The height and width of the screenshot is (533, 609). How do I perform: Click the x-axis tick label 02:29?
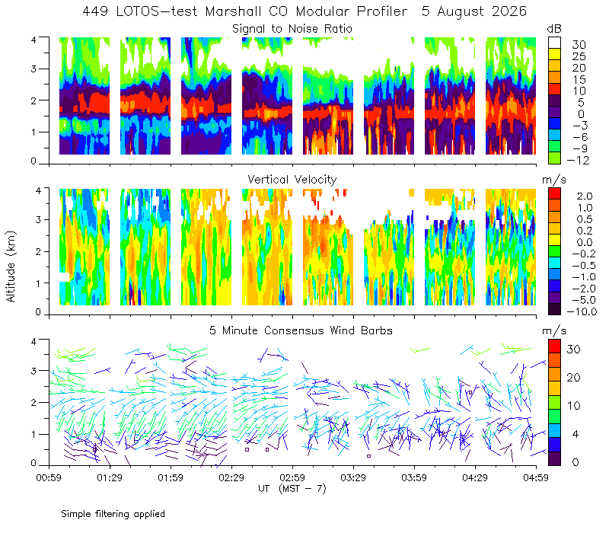click(x=231, y=477)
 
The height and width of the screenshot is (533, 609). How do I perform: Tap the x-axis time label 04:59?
click(x=536, y=477)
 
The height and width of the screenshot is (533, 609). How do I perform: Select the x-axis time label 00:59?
click(x=49, y=477)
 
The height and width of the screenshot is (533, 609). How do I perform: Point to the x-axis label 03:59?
click(x=414, y=477)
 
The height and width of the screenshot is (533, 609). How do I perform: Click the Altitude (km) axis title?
click(x=11, y=266)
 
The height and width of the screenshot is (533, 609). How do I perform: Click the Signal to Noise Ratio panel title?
click(x=292, y=29)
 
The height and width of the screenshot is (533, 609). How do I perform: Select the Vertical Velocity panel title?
click(x=292, y=180)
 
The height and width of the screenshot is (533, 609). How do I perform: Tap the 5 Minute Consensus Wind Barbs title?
click(x=301, y=330)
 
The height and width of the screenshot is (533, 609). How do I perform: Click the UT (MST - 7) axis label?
click(x=292, y=488)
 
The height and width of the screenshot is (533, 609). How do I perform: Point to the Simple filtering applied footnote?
click(x=113, y=514)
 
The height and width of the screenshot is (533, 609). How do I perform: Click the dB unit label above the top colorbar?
click(x=554, y=29)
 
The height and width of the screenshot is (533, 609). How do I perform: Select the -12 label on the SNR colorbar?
click(x=578, y=160)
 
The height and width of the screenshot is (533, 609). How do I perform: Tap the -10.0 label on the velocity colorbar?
click(x=582, y=311)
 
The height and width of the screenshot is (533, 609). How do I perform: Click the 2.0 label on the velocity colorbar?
click(x=585, y=196)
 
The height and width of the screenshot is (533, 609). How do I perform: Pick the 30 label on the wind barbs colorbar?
click(x=574, y=349)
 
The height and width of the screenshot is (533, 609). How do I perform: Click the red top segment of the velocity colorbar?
click(x=554, y=194)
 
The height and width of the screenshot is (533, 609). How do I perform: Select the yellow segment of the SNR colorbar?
click(x=554, y=54)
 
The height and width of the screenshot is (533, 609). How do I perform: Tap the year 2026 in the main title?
click(x=509, y=11)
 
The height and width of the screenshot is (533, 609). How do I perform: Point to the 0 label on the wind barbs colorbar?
click(x=576, y=462)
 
